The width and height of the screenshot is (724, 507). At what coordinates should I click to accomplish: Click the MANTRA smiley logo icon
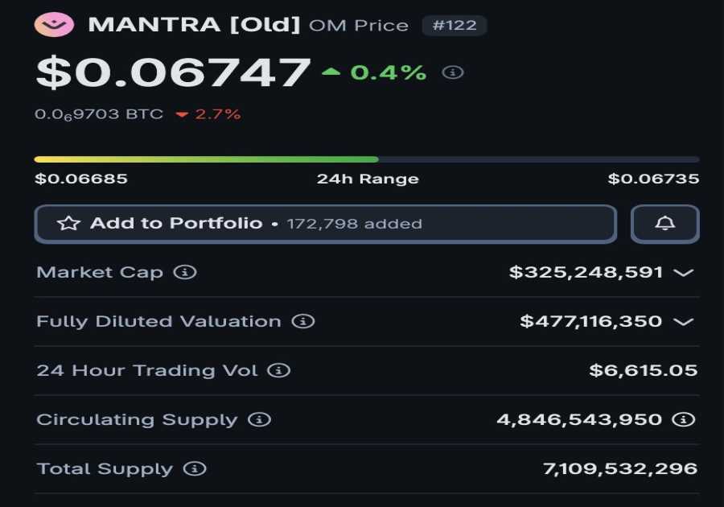pos(54,24)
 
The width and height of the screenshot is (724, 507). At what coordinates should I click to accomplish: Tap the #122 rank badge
pos(455,25)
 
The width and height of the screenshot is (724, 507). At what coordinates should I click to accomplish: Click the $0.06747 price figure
pos(173,72)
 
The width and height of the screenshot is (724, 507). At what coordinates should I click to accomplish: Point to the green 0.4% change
pos(389,72)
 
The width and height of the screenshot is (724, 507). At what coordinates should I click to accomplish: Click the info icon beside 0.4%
pos(453,72)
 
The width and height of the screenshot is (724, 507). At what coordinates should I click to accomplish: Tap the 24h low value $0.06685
pos(81,179)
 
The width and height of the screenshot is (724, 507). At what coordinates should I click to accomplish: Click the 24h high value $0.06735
pos(653,179)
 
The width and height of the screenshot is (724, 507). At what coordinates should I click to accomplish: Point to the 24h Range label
pos(368,179)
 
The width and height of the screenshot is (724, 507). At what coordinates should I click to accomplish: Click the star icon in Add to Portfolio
pos(68,224)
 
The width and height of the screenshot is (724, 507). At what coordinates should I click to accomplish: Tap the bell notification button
pos(664,224)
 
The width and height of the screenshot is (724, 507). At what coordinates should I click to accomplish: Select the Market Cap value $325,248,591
pos(586,272)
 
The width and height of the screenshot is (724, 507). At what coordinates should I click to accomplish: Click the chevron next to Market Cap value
pos(683,273)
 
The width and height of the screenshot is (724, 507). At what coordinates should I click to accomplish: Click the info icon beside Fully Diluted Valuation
pos(302,321)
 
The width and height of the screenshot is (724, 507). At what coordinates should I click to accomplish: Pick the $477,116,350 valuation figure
pos(590,321)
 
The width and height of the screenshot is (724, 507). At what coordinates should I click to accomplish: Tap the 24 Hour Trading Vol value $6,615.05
pos(643,370)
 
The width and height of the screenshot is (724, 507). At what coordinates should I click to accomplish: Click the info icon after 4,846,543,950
pos(683,419)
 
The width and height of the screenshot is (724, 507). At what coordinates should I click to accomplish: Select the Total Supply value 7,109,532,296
pos(620,468)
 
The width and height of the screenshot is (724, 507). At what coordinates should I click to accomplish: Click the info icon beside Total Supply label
pos(195,468)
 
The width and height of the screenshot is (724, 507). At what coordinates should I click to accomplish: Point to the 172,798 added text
pos(354,224)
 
